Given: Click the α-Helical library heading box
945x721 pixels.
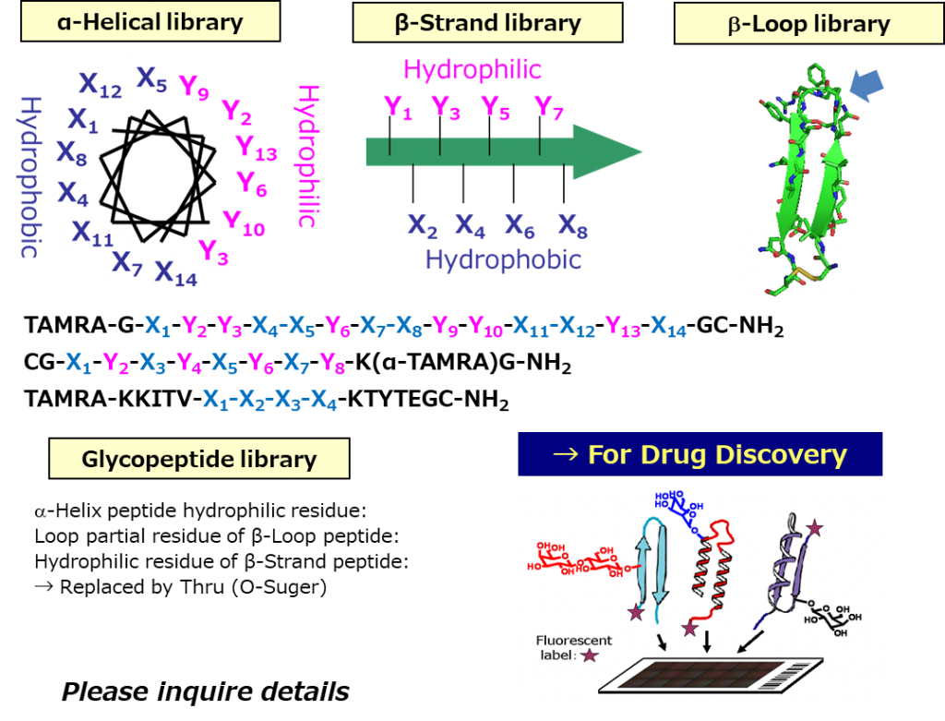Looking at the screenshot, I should click(x=150, y=22).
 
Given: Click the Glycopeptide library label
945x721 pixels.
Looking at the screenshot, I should click(x=198, y=459).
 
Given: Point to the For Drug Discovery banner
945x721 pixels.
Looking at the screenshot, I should click(x=700, y=454).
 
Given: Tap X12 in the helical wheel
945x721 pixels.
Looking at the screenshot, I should click(x=100, y=85).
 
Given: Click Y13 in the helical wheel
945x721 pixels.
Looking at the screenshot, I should click(x=256, y=148).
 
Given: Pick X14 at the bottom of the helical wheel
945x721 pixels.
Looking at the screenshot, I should click(x=175, y=272).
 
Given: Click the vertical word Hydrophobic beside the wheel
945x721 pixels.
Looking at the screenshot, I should click(x=29, y=175).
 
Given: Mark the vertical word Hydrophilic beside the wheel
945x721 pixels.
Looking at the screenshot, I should click(x=306, y=157).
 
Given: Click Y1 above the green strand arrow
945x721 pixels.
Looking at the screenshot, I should click(x=398, y=109).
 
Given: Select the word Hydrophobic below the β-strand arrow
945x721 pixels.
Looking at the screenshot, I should click(x=503, y=260).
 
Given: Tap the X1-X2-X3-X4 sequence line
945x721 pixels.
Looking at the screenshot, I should click(x=269, y=401).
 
